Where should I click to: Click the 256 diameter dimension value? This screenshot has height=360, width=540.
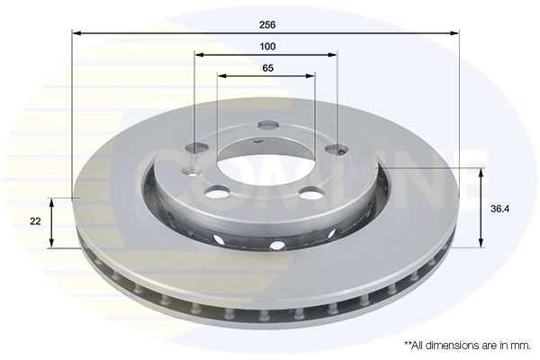(267, 24)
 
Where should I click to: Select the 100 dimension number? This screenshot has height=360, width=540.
(267, 46)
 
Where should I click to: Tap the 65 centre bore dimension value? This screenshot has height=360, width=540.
(267, 67)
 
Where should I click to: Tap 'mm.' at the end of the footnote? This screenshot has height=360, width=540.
(519, 345)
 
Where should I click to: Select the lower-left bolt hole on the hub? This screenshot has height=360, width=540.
(216, 192)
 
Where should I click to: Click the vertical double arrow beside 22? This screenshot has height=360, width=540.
(52, 222)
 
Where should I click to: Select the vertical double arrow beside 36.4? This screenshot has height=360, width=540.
(482, 208)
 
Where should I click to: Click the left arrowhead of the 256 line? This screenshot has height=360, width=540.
(76, 32)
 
